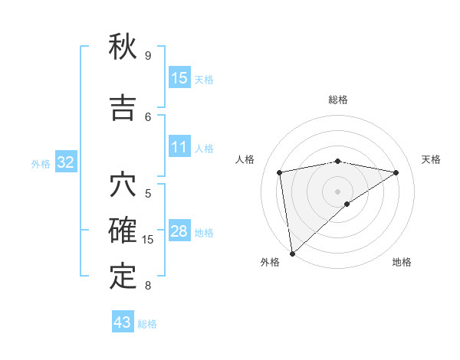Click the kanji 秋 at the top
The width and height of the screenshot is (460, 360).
click(123, 47)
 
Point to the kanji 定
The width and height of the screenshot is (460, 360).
click(123, 276)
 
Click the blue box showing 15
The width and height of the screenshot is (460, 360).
click(179, 77)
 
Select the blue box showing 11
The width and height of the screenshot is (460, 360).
click(179, 147)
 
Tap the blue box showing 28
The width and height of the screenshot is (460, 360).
click(179, 231)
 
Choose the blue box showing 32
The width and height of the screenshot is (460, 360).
click(65, 162)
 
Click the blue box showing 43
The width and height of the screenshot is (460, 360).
click(123, 322)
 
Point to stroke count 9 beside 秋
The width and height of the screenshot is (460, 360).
click(148, 56)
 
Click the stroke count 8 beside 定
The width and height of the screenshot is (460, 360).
click(148, 286)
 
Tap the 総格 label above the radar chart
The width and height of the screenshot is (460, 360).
click(338, 100)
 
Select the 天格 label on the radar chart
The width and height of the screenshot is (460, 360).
click(432, 159)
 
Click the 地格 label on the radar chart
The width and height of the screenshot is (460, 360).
click(402, 262)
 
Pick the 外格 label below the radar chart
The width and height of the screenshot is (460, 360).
click(271, 262)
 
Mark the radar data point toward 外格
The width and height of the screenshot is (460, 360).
click(291, 253)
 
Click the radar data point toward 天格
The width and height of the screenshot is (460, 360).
click(396, 172)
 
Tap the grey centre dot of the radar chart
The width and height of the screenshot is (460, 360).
click(337, 191)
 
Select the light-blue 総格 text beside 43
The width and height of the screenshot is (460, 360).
click(147, 324)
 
